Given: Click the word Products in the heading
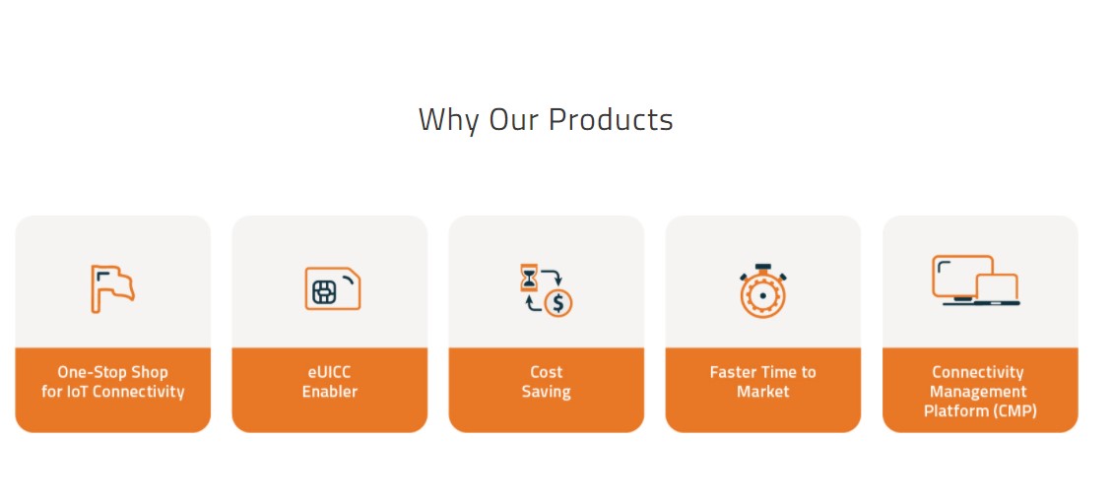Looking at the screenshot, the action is [611, 119].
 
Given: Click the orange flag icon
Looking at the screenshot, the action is [112, 289].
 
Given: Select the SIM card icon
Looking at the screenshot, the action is [333, 288].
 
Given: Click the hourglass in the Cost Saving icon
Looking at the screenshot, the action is [529, 278].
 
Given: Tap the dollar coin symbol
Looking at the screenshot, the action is [558, 303].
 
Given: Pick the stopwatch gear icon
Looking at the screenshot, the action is [762, 291].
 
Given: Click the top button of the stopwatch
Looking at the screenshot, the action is [762, 267].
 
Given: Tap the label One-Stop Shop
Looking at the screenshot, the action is [112, 372].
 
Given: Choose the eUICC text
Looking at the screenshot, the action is [329, 372].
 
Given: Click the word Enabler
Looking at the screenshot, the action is [330, 391].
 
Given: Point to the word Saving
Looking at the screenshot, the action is [546, 392].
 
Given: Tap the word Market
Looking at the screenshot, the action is [763, 391].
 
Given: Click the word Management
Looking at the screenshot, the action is [978, 392].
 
